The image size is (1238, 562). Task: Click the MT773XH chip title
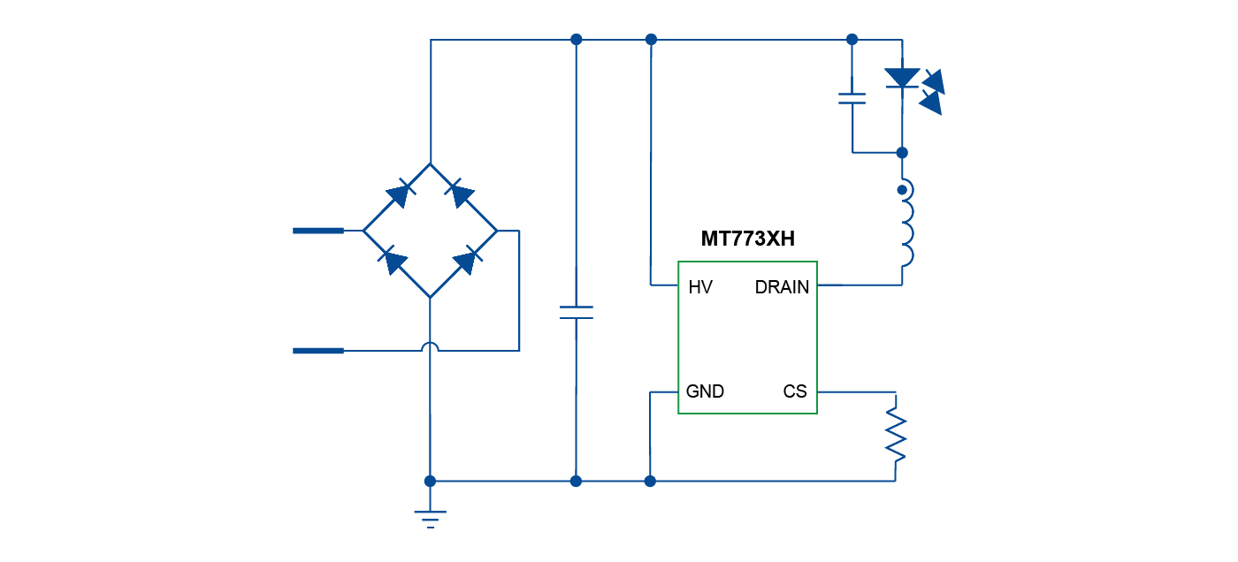tap(747, 239)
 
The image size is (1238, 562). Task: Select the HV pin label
tap(700, 287)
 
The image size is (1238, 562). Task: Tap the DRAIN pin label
tap(782, 287)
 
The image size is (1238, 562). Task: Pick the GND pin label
tap(705, 391)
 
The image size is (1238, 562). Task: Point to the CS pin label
tap(795, 391)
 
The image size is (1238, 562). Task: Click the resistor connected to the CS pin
tap(896, 428)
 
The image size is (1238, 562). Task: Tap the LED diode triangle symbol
tap(902, 78)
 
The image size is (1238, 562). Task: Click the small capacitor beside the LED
tap(852, 98)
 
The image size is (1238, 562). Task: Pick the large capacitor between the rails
tap(576, 312)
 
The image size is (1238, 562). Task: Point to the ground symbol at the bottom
tap(431, 516)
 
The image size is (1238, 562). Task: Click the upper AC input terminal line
tap(317, 231)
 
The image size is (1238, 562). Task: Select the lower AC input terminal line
tap(317, 351)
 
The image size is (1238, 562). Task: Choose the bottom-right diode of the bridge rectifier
tap(465, 262)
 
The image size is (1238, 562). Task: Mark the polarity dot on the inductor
tap(903, 189)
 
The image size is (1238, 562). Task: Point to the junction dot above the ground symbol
tap(431, 482)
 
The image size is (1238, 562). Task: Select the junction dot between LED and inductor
tap(902, 152)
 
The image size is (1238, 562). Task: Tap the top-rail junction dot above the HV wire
tap(651, 39)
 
